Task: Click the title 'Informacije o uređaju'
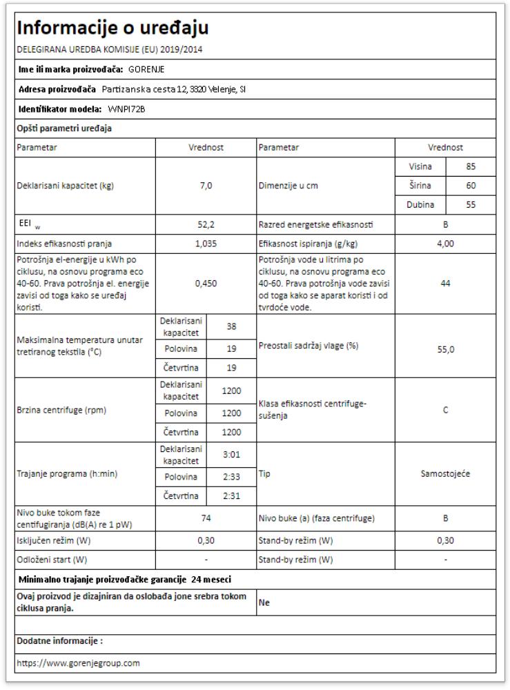coord(112,28)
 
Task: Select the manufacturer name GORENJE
coord(147,69)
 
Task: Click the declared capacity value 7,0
coord(206,186)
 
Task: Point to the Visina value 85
coord(471,166)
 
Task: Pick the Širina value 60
coord(471,186)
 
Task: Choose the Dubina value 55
coord(471,205)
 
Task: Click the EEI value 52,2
coord(206,224)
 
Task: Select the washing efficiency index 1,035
coord(206,243)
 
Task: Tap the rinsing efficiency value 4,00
coord(445,243)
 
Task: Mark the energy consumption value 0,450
coord(206,283)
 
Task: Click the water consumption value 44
coord(445,283)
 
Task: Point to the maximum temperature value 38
coord(231,327)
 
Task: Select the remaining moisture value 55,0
coord(445,350)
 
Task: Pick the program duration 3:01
coord(231,455)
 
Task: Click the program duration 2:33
coord(231,477)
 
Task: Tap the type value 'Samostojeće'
coord(445,475)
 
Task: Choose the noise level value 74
coord(206,517)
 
